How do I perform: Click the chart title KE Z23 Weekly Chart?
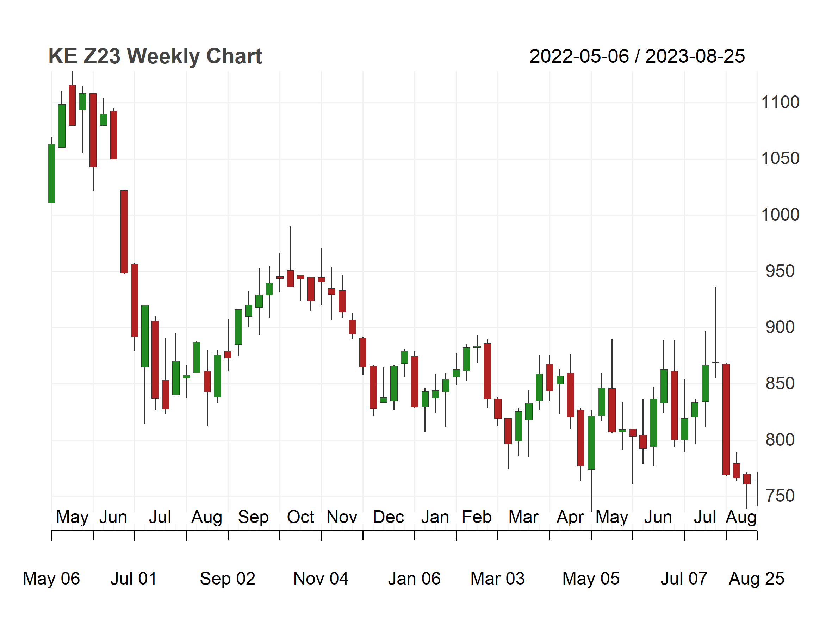155,56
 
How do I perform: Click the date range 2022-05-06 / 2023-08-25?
637,56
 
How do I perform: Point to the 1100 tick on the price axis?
780,102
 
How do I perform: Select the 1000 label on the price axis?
780,215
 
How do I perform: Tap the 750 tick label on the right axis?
780,496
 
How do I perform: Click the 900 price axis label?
780,327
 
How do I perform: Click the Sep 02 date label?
228,579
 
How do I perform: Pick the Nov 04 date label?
321,579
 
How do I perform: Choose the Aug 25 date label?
756,579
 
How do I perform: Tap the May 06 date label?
51,579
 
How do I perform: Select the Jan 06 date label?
414,579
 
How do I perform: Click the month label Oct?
300,517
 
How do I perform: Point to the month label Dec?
388,517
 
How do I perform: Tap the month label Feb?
477,517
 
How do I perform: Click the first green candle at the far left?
51,173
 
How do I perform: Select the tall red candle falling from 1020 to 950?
124,232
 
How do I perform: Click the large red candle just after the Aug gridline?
726,419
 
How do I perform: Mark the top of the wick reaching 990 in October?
290,227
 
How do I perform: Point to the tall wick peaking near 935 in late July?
715,333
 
